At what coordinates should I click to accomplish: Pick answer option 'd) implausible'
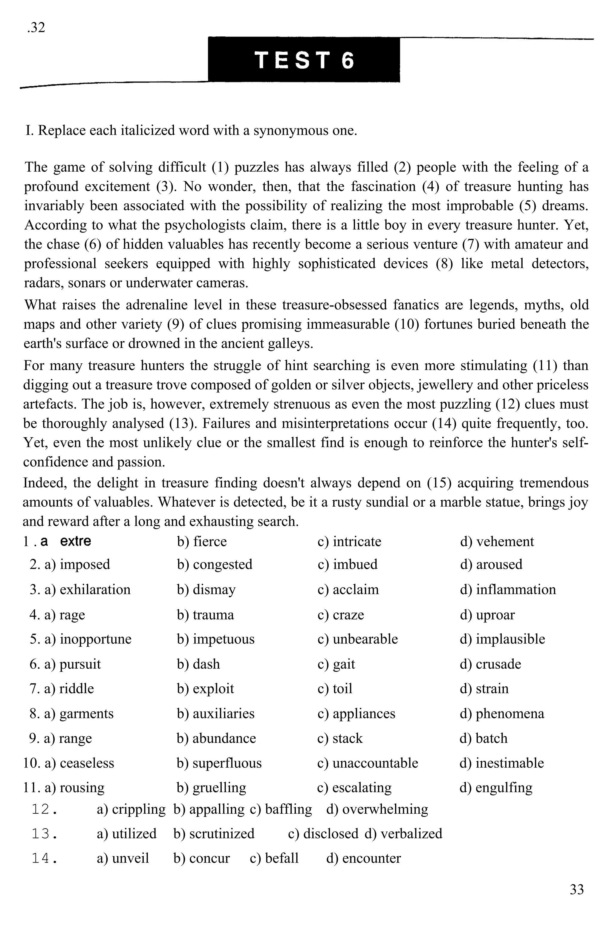click(x=502, y=639)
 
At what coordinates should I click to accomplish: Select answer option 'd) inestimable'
click(x=501, y=763)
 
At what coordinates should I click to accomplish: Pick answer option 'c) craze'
click(x=341, y=615)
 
